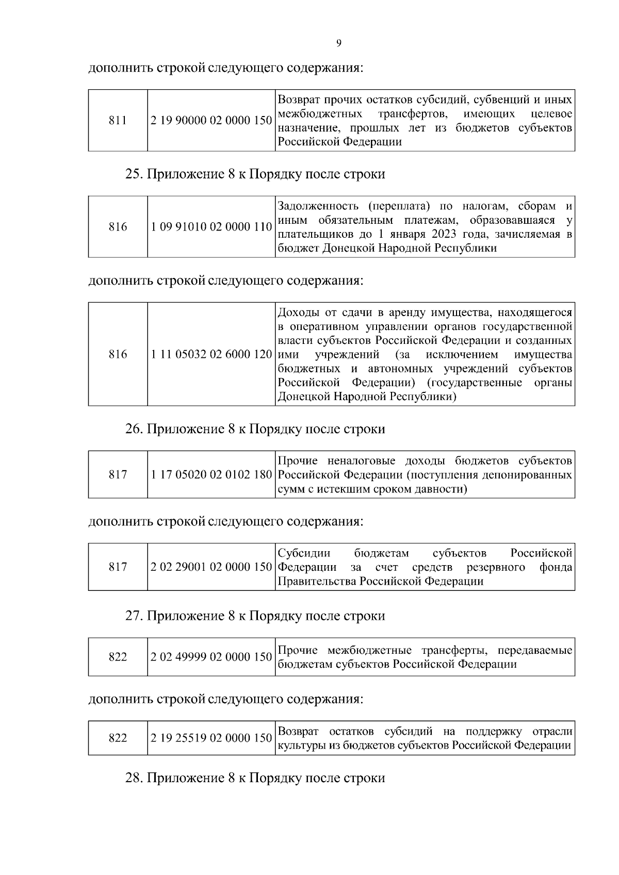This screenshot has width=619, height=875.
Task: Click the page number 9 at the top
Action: tap(338, 43)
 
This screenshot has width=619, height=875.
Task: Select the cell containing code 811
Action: tap(118, 121)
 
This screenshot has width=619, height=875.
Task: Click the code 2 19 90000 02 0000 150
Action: tap(211, 121)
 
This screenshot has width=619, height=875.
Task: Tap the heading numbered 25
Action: tap(255, 174)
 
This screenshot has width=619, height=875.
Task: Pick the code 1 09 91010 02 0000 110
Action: tap(211, 227)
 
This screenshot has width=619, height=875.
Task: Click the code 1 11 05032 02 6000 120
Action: tap(211, 355)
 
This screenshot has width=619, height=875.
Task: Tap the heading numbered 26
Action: tap(255, 429)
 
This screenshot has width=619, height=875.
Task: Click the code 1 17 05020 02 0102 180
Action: tap(211, 475)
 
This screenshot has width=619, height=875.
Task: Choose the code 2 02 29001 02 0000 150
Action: tap(211, 567)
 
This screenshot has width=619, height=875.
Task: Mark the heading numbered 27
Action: tap(255, 616)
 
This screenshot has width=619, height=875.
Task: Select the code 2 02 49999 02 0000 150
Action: tap(211, 657)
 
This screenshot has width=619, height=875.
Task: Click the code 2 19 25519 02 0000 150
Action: tap(211, 738)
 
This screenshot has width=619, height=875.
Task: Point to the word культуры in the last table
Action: tap(297, 746)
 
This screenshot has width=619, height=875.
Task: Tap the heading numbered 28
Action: tap(255, 778)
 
